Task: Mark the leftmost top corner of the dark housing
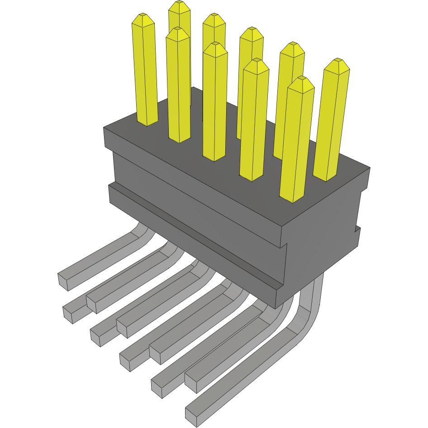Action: point(104,128)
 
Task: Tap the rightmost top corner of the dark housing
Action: point(370,168)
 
